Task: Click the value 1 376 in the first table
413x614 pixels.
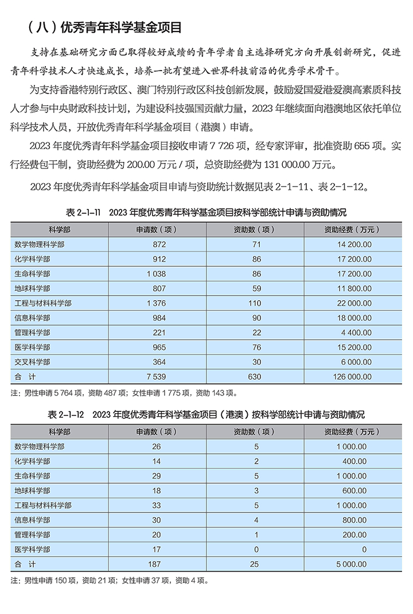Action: tap(156, 303)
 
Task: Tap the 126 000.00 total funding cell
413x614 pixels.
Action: tap(350, 377)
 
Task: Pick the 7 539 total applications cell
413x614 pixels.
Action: tap(156, 377)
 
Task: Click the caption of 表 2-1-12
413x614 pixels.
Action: tap(206, 414)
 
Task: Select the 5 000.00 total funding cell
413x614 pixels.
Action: tap(350, 564)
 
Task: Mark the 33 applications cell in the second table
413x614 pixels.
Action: tap(157, 505)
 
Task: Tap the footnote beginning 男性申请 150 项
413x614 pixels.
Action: tap(110, 580)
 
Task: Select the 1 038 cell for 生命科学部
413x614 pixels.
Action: tap(156, 274)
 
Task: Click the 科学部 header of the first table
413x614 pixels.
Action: tap(60, 230)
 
